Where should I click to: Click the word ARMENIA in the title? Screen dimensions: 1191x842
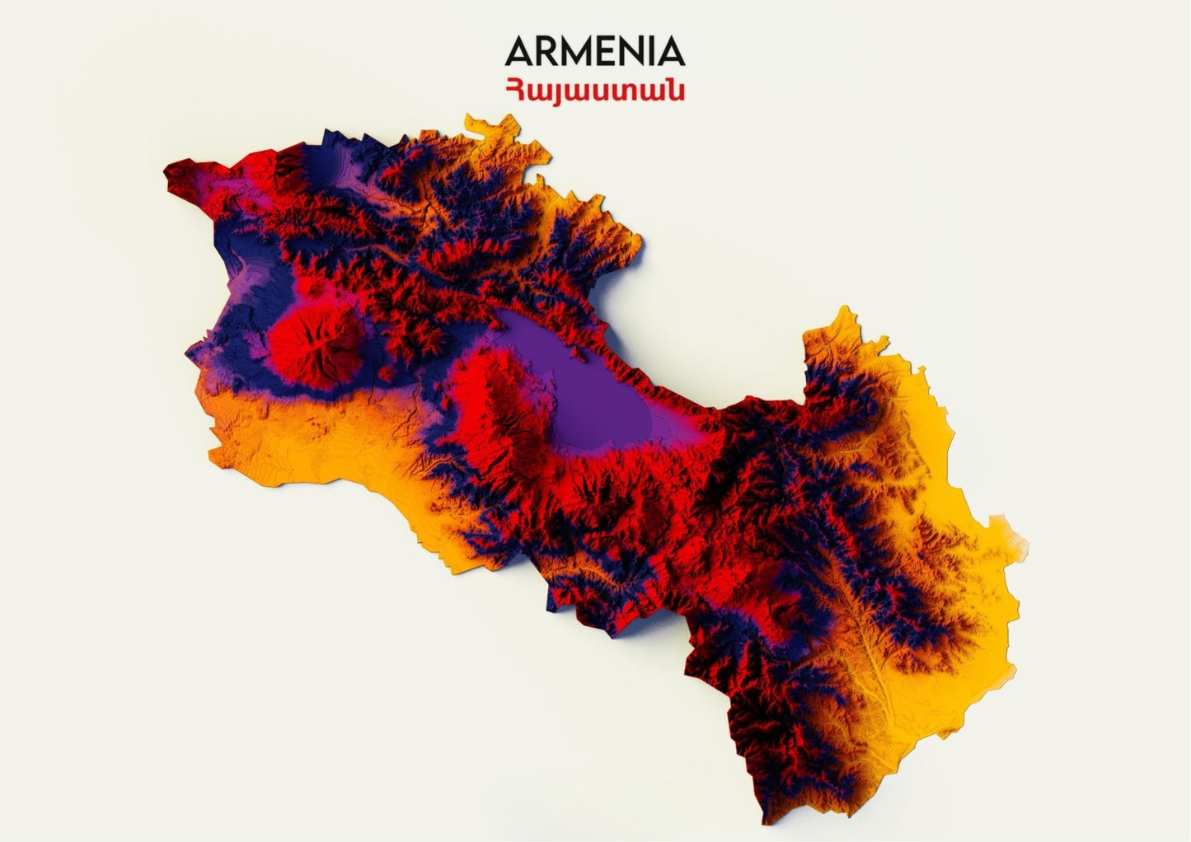[x=594, y=51]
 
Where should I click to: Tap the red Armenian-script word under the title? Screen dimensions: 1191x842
[x=594, y=89]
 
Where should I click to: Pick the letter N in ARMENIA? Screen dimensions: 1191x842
[x=631, y=51]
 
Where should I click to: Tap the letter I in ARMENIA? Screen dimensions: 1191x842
[x=650, y=51]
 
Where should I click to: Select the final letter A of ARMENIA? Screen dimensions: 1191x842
[x=670, y=51]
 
